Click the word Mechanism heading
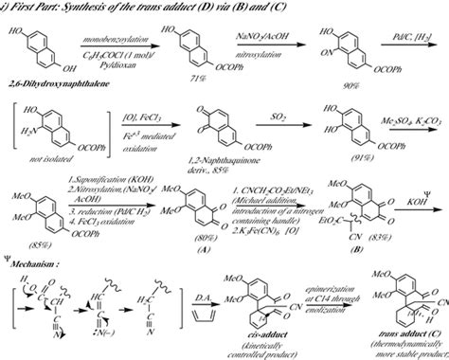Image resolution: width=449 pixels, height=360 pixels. point(37,253)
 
